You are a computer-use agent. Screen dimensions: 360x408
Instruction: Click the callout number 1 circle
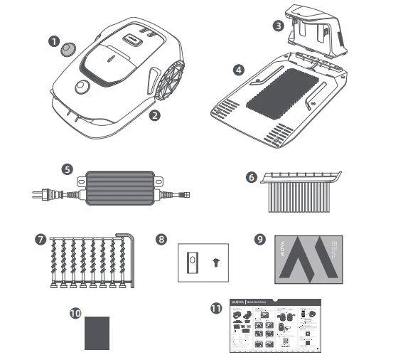[53, 41]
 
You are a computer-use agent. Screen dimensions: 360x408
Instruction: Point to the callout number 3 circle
[279, 25]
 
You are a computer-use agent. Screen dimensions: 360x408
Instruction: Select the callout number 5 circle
[68, 170]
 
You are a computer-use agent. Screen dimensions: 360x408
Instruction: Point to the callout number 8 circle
[163, 240]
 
